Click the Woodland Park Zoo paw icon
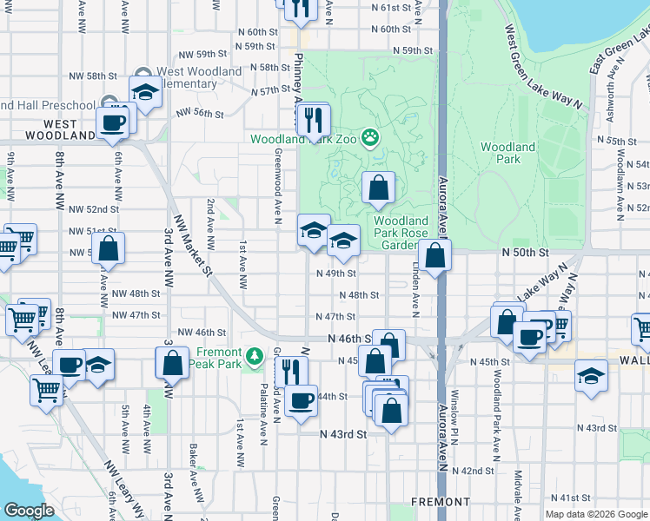point(371,137)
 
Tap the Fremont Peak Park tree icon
point(254,355)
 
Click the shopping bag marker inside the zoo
point(378,187)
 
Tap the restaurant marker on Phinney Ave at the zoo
point(314,120)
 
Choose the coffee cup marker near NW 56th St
point(112,123)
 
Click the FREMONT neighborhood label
point(440,502)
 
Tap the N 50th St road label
point(526,252)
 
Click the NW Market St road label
point(193,246)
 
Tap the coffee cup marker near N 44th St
point(302,400)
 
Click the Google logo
point(29,511)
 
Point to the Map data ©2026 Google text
point(595,514)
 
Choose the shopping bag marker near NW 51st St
point(108,247)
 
